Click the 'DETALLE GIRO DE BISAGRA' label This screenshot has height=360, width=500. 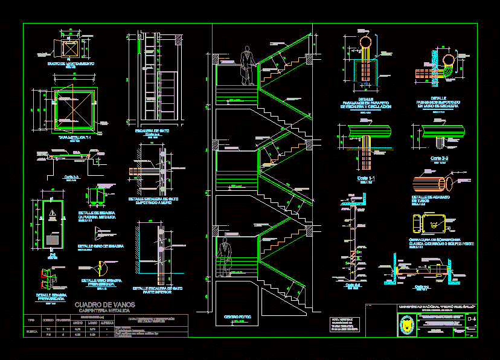[x=101, y=246]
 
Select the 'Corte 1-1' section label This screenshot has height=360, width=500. [x=367, y=179]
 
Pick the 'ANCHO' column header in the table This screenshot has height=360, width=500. [x=78, y=322]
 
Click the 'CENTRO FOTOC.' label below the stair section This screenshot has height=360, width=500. [x=237, y=317]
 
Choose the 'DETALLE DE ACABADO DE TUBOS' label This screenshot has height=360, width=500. [x=434, y=199]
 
